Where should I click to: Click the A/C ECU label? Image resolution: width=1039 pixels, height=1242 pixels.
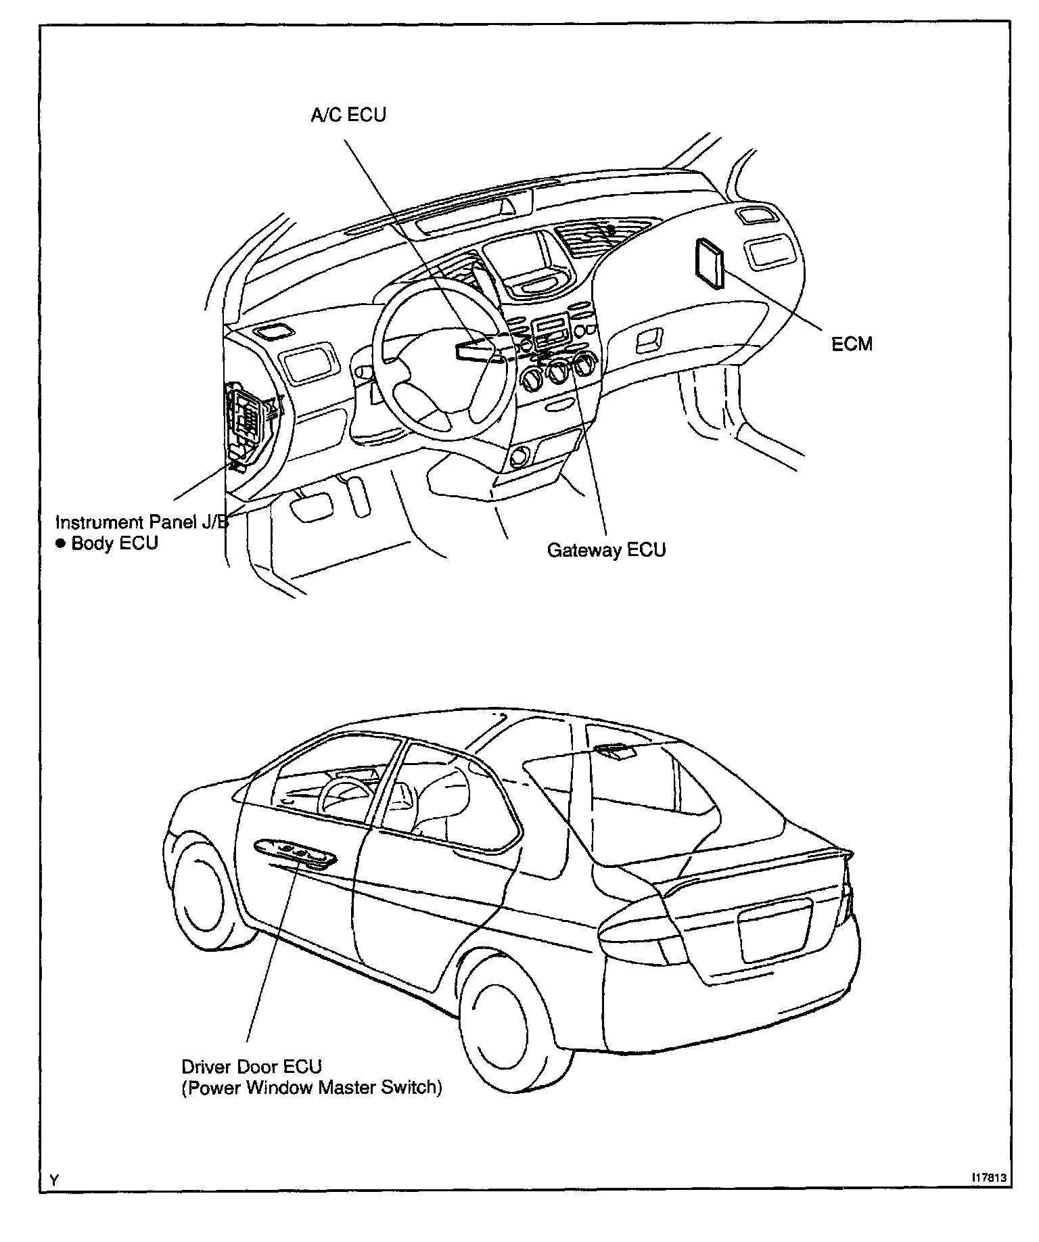tap(348, 115)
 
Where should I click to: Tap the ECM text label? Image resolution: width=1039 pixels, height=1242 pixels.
tap(852, 344)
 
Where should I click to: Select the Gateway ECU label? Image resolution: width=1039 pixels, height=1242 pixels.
tap(606, 550)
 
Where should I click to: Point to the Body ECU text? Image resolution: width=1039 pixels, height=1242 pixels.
tap(114, 543)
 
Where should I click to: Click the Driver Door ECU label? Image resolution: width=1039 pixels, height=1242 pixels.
tap(252, 1067)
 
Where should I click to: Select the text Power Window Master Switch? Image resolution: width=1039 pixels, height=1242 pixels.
tap(312, 1088)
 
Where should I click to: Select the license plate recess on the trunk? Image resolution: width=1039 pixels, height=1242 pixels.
tap(775, 929)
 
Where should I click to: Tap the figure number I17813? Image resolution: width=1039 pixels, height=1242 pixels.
tap(989, 1177)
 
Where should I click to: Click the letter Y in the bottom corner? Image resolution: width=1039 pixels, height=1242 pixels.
tap(54, 1180)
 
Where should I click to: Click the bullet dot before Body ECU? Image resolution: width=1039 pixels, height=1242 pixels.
tap(60, 543)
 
